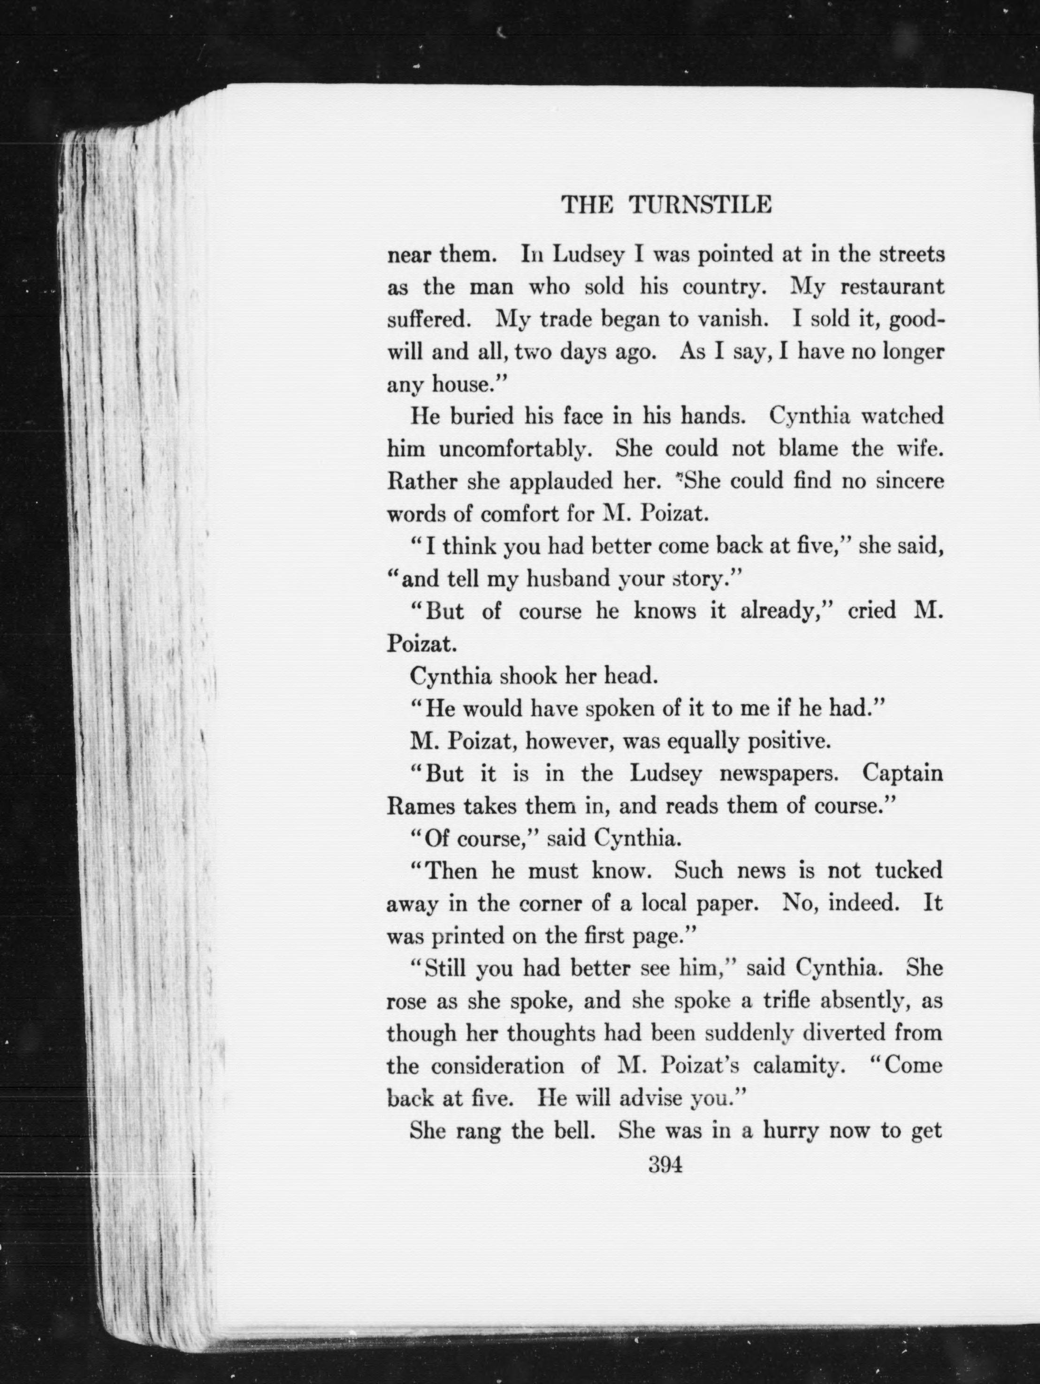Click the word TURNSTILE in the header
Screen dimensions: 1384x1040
point(700,205)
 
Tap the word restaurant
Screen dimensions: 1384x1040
point(892,287)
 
